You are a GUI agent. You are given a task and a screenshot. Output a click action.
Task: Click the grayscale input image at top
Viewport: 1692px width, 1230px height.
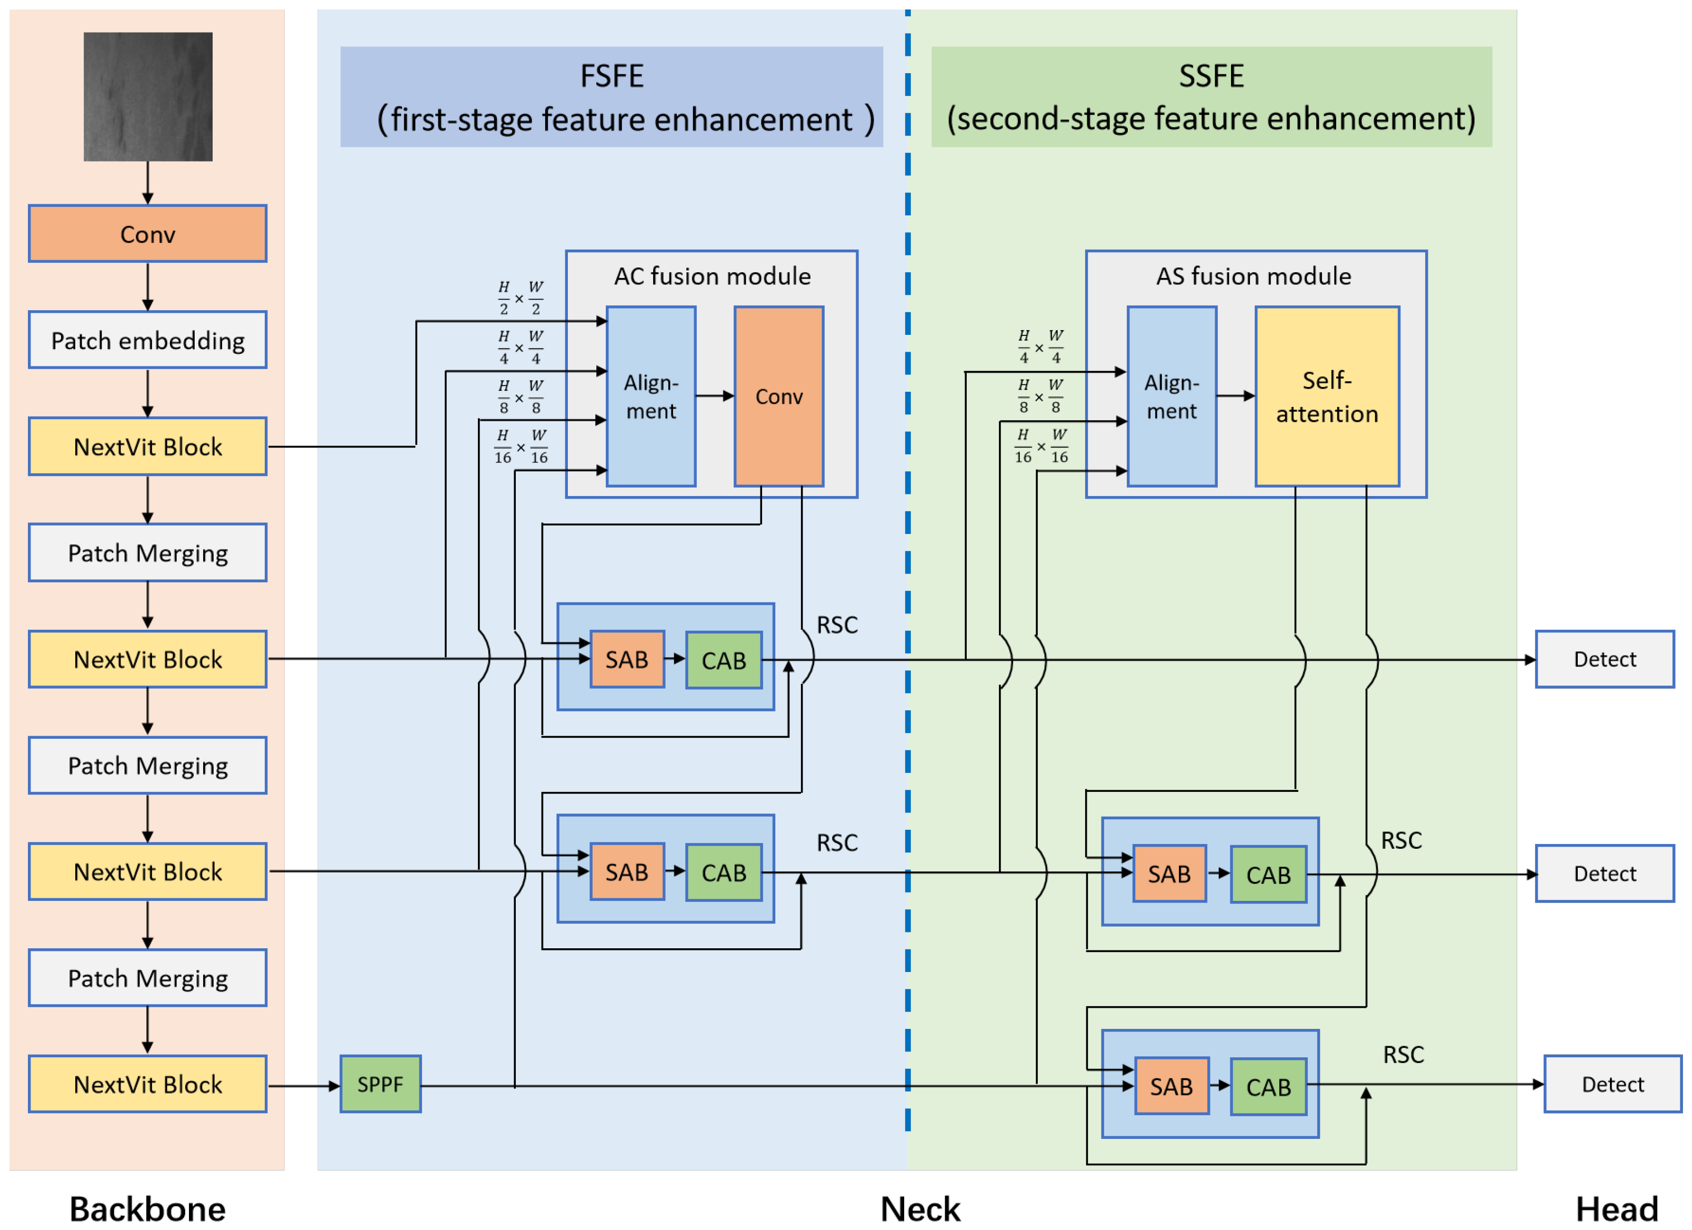[x=148, y=96]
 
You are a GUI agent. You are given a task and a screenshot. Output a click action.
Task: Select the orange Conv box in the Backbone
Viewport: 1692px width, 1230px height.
[x=148, y=234]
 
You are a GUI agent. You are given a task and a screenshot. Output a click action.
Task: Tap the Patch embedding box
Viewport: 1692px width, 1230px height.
[x=148, y=340]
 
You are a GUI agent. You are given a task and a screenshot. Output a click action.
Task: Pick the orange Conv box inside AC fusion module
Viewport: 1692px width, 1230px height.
[x=779, y=396]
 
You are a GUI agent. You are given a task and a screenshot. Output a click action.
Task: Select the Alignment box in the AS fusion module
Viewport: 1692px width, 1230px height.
[x=1172, y=396]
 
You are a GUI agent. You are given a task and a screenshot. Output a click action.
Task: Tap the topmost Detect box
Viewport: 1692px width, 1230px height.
[x=1604, y=659]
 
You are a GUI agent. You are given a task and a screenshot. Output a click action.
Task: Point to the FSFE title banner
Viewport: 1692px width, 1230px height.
[x=612, y=97]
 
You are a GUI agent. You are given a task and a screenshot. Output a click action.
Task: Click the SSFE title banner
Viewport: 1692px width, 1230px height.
[x=1211, y=97]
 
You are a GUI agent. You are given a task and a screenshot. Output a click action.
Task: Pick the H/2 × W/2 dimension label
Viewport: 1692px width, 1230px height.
[x=520, y=299]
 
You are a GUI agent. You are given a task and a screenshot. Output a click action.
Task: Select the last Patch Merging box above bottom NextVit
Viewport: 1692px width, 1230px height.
[x=148, y=978]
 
